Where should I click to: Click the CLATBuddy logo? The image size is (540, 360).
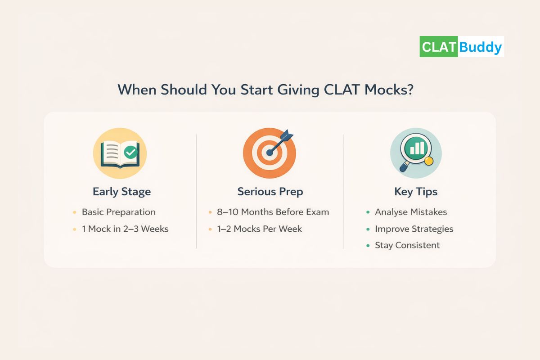[461, 46]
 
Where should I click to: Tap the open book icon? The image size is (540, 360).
[120, 154]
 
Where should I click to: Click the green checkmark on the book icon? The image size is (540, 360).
[131, 152]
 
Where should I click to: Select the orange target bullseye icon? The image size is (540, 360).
[269, 153]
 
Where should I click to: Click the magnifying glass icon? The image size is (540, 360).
[415, 153]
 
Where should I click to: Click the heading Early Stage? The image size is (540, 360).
[121, 192]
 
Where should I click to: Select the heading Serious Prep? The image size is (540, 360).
[270, 192]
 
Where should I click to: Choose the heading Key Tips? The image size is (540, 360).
[416, 192]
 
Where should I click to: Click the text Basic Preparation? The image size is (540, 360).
[118, 212]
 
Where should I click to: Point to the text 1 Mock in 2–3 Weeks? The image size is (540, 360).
[125, 229]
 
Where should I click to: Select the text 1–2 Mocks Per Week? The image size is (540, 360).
[260, 229]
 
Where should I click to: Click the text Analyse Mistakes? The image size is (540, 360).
[411, 212]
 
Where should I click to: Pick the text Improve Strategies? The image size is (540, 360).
[414, 229]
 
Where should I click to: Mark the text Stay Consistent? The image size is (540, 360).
[407, 245]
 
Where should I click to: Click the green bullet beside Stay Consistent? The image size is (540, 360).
[368, 245]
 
